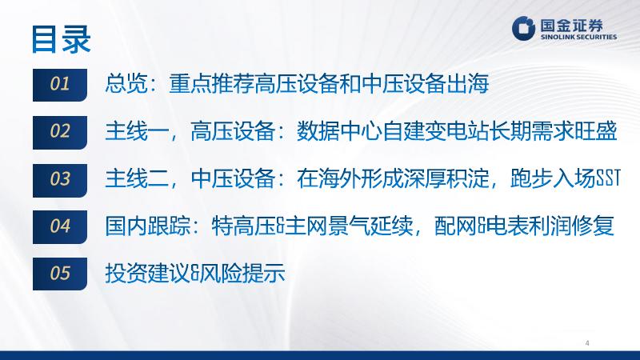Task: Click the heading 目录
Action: pyautogui.click(x=62, y=39)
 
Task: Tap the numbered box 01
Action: pyautogui.click(x=60, y=85)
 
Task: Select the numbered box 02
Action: pyautogui.click(x=60, y=132)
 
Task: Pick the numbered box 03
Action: pyautogui.click(x=60, y=180)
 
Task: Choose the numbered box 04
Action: pyautogui.click(x=60, y=227)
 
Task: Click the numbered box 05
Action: pyautogui.click(x=60, y=274)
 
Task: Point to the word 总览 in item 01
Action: pyautogui.click(x=126, y=84)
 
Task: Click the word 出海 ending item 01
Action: pyautogui.click(x=468, y=84)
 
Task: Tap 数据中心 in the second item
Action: pyautogui.click(x=339, y=131)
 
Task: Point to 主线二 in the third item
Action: pyautogui.click(x=137, y=178)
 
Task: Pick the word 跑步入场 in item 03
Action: pyautogui.click(x=552, y=178)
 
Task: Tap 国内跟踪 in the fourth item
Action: pyautogui.click(x=148, y=226)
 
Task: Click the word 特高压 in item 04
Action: pyautogui.click(x=244, y=226)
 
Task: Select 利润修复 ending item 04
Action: pyautogui.click(x=571, y=226)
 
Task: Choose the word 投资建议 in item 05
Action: pyautogui.click(x=148, y=273)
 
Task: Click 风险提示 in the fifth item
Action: pyautogui.click(x=242, y=273)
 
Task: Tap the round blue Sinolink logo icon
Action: pyautogui.click(x=524, y=28)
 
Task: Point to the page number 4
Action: pyautogui.click(x=587, y=343)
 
